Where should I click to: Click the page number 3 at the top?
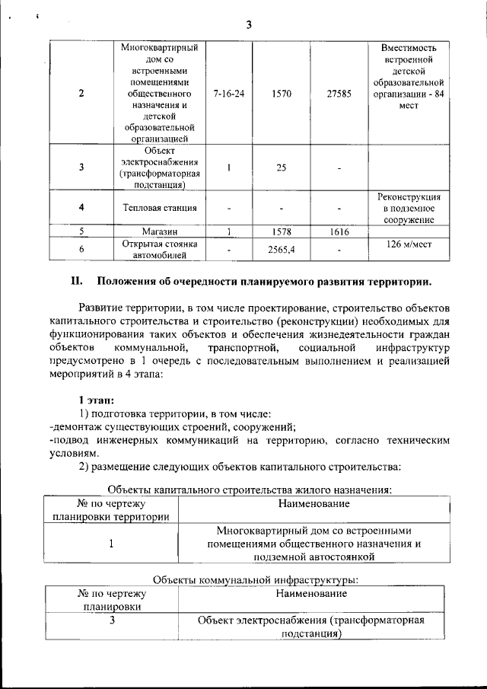[x=248, y=25]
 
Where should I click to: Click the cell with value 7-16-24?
[x=229, y=93]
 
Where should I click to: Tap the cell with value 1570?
[x=281, y=93]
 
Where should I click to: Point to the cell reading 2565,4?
[x=281, y=249]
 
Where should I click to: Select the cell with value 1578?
[x=281, y=231]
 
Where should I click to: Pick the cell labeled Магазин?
[x=159, y=231]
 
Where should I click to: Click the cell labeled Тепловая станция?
[x=159, y=207]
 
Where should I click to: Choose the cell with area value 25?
[x=281, y=167]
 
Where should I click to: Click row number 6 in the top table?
[x=81, y=249]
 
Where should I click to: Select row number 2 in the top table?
[x=81, y=93]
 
